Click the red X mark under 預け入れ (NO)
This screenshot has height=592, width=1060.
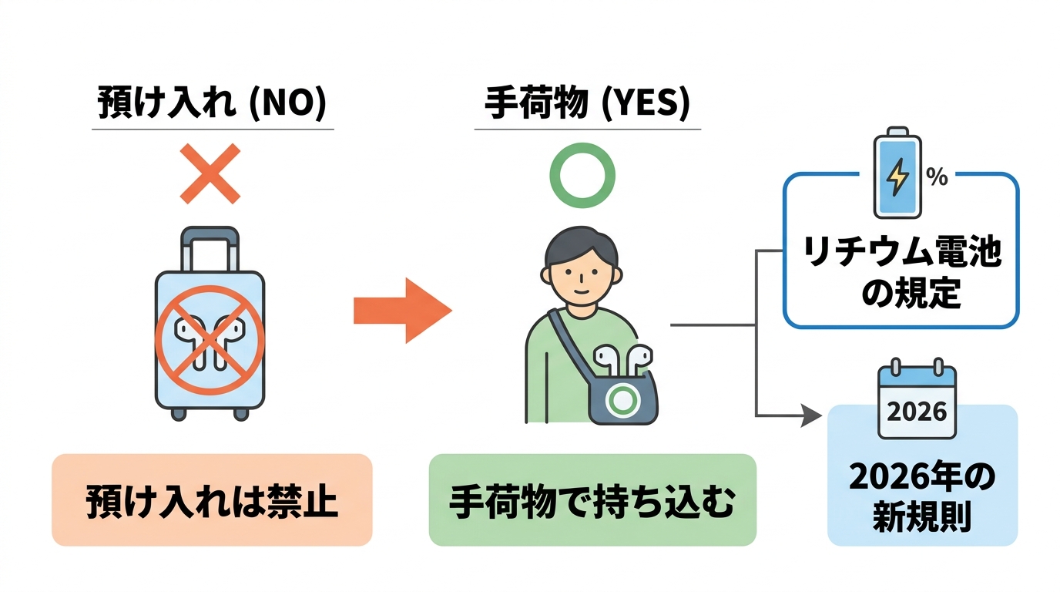click(x=210, y=173)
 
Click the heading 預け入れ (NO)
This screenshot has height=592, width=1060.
click(x=211, y=106)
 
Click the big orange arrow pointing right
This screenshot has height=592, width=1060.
click(x=401, y=311)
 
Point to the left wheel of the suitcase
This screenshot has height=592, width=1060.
click(x=179, y=414)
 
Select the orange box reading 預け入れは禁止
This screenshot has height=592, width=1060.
click(x=212, y=500)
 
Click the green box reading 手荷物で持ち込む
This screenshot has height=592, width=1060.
click(x=592, y=500)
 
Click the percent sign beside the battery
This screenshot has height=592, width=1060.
click(x=937, y=178)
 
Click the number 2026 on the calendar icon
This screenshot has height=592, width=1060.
click(x=917, y=410)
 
